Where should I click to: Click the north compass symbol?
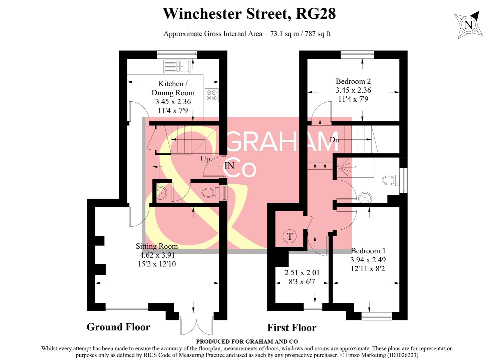tap(469, 25)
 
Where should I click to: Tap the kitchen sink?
tap(176, 66)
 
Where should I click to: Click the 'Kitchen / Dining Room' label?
tap(173, 88)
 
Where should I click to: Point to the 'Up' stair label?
tap(205, 159)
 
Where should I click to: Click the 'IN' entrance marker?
tap(229, 166)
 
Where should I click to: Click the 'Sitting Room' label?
tap(156, 246)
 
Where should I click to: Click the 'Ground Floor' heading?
tap(118, 327)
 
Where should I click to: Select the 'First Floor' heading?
tap(292, 328)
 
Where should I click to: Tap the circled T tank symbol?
tap(290, 236)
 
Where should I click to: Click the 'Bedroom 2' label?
tap(353, 81)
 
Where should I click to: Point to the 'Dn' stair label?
tap(334, 140)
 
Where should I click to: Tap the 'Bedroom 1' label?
tap(368, 251)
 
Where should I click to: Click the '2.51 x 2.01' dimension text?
tap(302, 273)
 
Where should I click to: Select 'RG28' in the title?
tap(316, 14)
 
